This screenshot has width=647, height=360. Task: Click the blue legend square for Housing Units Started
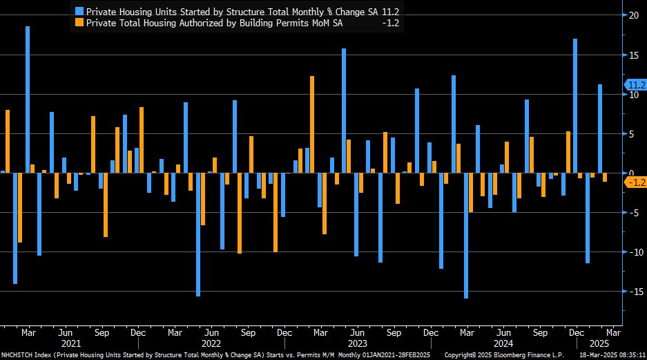[79, 11]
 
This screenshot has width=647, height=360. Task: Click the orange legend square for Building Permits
[79, 23]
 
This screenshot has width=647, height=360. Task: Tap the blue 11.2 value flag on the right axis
[635, 85]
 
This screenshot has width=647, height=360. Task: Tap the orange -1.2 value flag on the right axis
[635, 182]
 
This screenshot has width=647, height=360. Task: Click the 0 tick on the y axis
[630, 173]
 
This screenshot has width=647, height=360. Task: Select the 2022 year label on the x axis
[211, 343]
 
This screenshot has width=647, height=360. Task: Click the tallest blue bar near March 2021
[28, 100]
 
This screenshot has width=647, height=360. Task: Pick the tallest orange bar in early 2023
[312, 124]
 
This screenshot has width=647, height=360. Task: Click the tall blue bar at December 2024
[574, 106]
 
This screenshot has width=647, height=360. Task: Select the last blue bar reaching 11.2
[599, 129]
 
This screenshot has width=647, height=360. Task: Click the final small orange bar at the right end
[605, 178]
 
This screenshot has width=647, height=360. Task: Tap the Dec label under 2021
[137, 332]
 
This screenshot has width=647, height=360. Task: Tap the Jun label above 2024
[503, 332]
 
